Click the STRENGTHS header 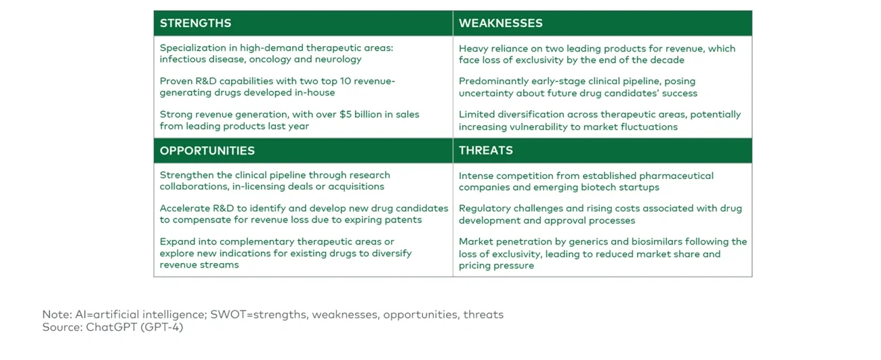tap(195, 23)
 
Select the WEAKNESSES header tap(500, 23)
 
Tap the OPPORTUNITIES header tap(207, 151)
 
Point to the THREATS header tap(486, 151)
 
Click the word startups tap(638, 187)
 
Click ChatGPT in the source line tap(108, 327)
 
